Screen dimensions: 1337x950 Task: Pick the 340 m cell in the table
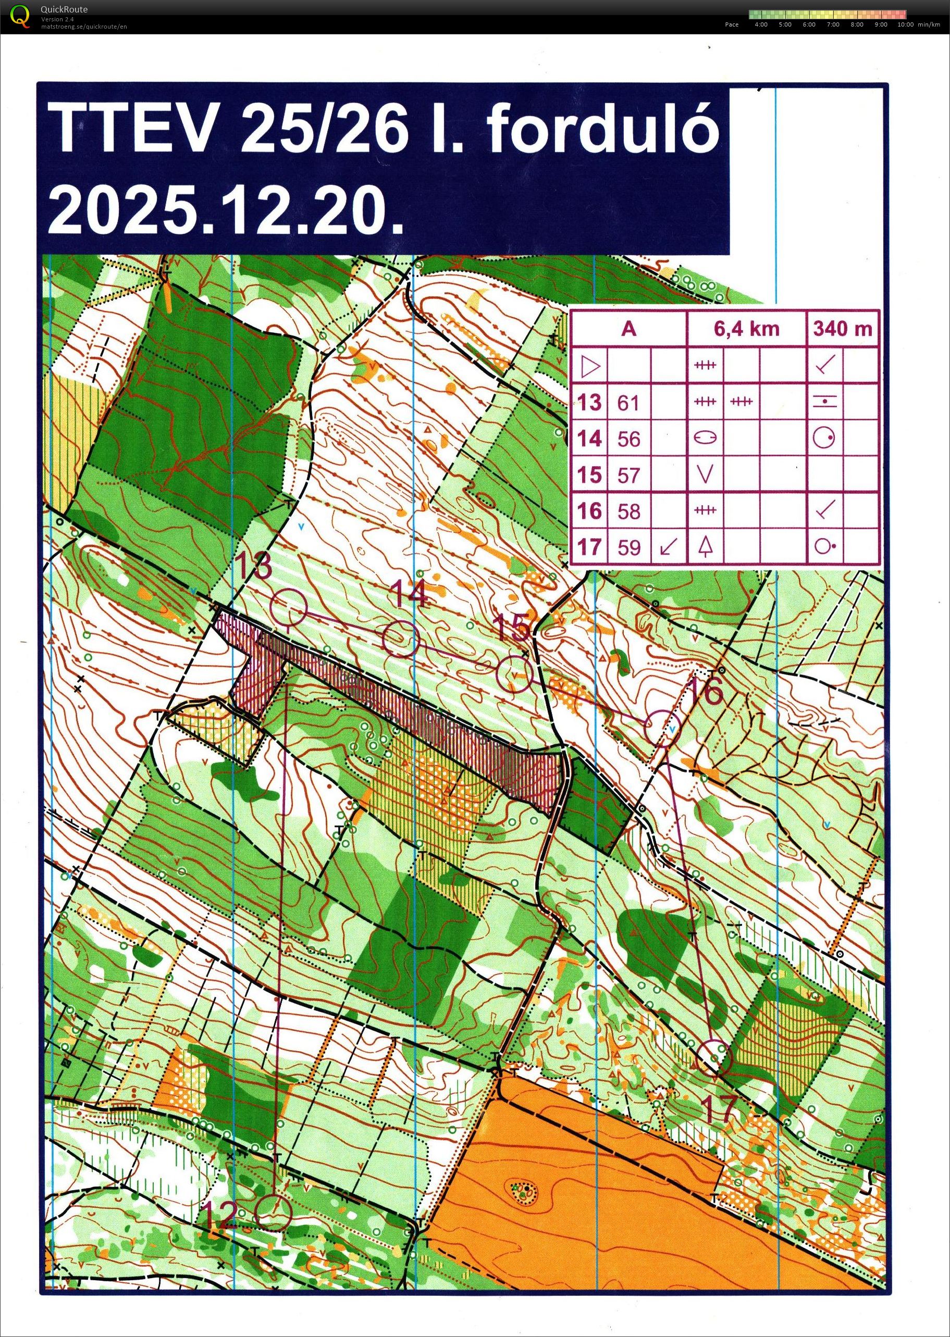[842, 329]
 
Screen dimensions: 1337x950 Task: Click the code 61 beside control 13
[628, 403]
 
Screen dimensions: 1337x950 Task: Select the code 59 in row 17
[628, 547]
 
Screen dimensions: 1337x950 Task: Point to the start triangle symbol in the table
[590, 367]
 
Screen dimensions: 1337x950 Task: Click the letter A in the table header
[628, 329]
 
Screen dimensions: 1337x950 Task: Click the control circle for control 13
[290, 607]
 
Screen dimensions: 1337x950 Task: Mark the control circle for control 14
[401, 639]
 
